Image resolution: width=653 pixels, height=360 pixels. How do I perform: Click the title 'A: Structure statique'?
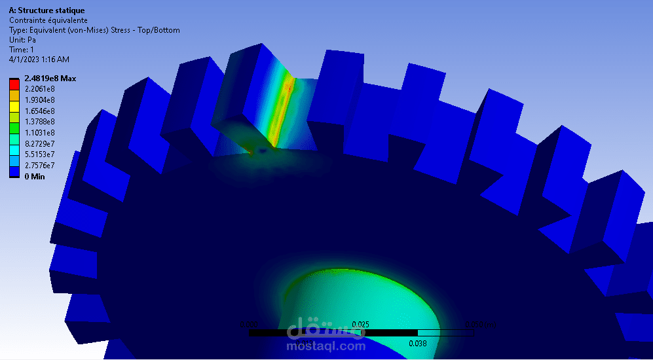(47, 10)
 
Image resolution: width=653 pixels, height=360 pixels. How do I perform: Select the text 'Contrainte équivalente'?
(48, 20)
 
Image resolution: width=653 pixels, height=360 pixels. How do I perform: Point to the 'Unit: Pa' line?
(22, 40)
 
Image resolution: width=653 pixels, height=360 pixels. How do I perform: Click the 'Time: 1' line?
(22, 50)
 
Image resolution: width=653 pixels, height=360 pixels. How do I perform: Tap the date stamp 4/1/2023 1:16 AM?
(39, 60)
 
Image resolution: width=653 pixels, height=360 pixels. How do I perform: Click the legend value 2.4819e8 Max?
(50, 79)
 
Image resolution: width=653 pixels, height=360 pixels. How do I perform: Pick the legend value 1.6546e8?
(39, 111)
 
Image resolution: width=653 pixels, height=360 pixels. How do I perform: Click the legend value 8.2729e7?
(39, 143)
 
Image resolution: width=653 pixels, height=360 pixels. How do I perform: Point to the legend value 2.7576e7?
(39, 165)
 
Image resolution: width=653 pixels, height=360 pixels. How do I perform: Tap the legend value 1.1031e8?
(39, 132)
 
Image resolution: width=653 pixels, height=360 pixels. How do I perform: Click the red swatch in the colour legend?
(14, 84)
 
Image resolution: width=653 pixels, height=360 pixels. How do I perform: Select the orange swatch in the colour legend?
(14, 95)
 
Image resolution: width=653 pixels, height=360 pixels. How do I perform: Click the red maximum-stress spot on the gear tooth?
(289, 87)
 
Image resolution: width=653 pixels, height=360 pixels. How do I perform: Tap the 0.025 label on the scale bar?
(361, 324)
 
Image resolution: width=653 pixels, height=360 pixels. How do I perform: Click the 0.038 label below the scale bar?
(418, 343)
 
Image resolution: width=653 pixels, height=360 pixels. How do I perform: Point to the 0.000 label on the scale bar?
(249, 324)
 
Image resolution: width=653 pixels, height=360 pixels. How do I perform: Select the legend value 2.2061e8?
(39, 89)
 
